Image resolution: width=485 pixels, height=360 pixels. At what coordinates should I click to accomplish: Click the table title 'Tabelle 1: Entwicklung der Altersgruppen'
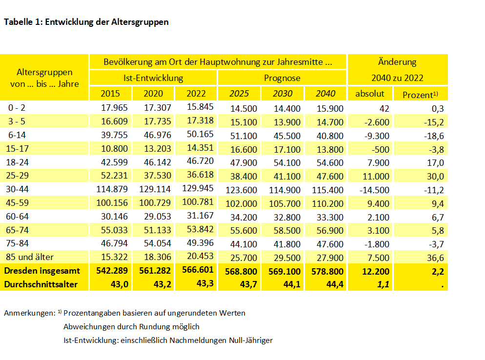point(86,22)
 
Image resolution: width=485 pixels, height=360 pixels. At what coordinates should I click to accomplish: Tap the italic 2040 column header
point(325,94)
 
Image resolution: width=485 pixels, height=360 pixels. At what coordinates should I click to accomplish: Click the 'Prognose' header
point(282,78)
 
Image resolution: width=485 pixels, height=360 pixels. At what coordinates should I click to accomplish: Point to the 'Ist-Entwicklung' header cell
point(153,78)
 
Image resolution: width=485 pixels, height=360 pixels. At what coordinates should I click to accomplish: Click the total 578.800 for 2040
point(325,271)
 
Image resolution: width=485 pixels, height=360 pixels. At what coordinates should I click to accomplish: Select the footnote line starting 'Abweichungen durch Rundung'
point(131,327)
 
